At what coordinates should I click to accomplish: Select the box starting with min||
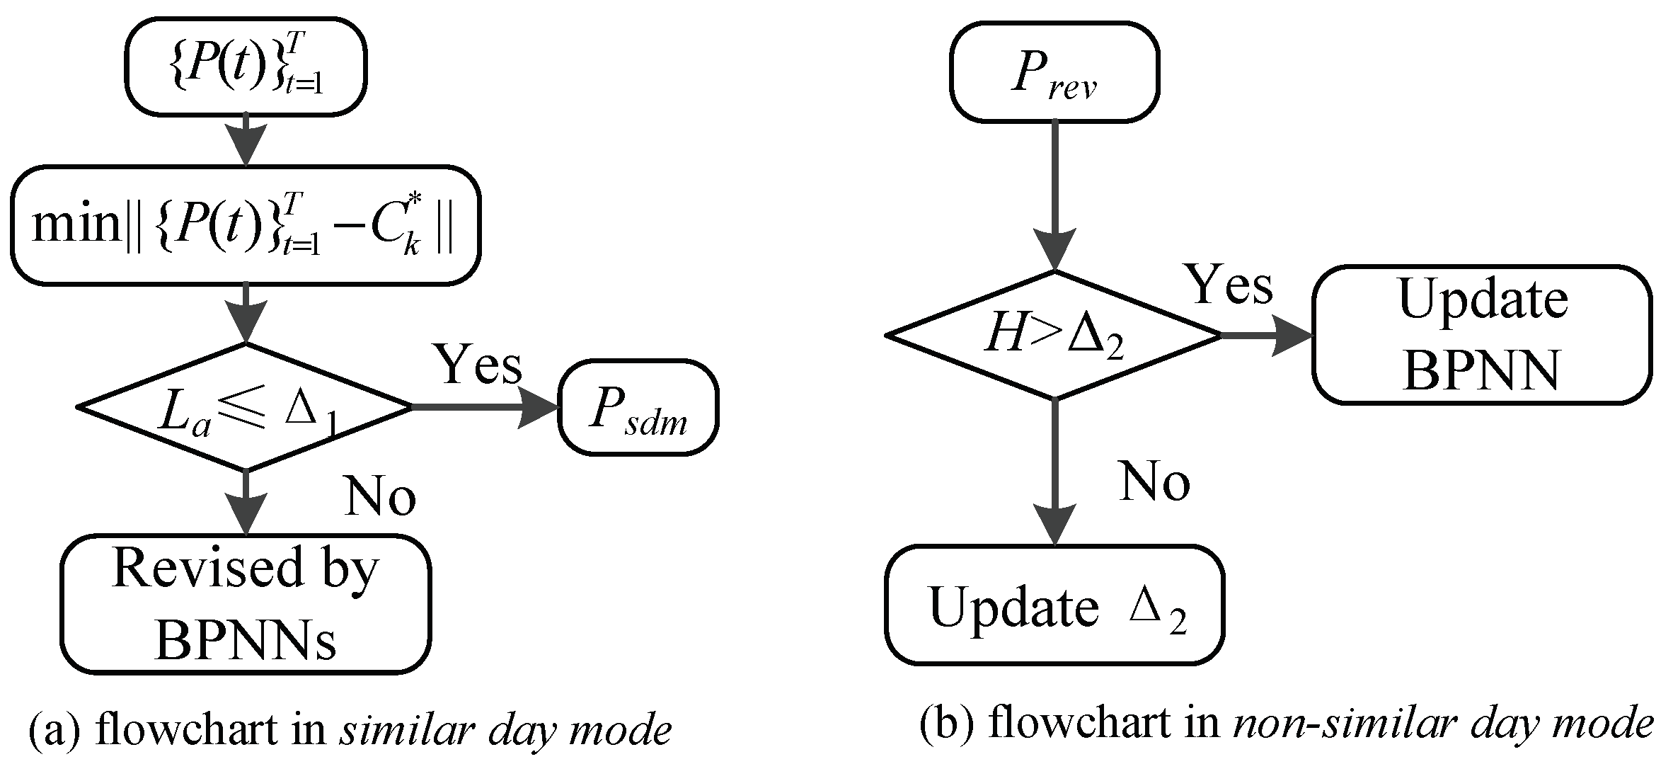[x=246, y=225]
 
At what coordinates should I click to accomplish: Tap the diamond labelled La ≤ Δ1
[x=246, y=407]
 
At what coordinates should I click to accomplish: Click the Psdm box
[x=638, y=407]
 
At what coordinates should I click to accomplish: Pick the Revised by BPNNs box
[x=246, y=603]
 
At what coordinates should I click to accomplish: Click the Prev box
[x=1054, y=71]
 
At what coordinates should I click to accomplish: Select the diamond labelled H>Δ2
[x=1054, y=335]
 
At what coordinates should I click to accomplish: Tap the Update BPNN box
[x=1482, y=335]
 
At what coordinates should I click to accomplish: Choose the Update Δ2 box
[x=1054, y=605]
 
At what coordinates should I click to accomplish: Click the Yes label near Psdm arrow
[x=479, y=364]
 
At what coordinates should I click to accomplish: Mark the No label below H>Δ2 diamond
[x=1155, y=482]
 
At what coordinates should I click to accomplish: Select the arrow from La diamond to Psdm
[x=485, y=407]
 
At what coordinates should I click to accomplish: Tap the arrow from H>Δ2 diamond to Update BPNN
[x=1267, y=335]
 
